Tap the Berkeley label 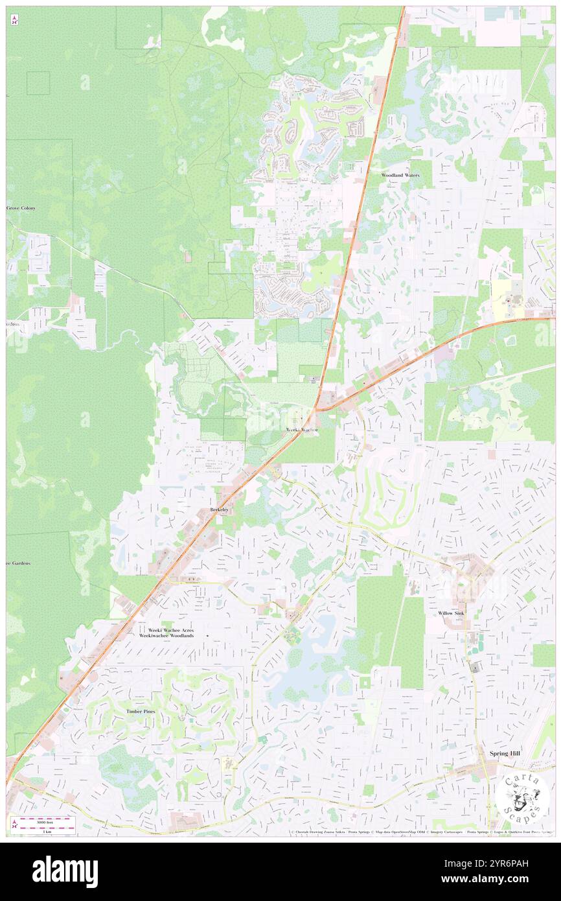point(219,510)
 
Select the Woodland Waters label point(400,176)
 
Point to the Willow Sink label point(450,613)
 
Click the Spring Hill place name point(505,754)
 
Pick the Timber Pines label point(141,712)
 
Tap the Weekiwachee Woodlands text point(166,636)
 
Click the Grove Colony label point(21,208)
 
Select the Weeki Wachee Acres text point(171,629)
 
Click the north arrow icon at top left point(14,21)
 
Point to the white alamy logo point(65,872)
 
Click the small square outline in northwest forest point(38,83)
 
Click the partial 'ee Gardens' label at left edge point(18,563)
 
